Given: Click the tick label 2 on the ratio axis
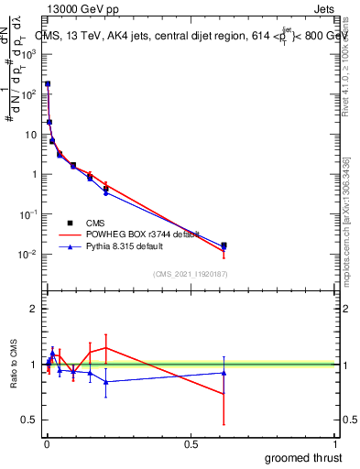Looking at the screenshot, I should click(34, 309).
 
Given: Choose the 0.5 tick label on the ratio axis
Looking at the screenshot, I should click(30, 420).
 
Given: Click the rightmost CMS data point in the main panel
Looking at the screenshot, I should click(224, 245).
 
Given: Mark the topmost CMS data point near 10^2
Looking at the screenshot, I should click(48, 84).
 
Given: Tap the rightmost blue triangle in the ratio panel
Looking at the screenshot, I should click(224, 373).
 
